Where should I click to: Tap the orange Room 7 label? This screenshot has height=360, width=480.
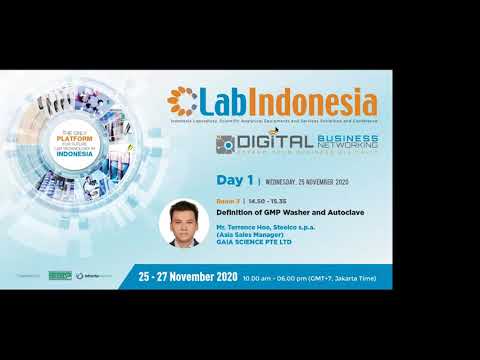[x=228, y=201]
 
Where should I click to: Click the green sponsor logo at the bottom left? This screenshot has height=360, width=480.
[x=60, y=276]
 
